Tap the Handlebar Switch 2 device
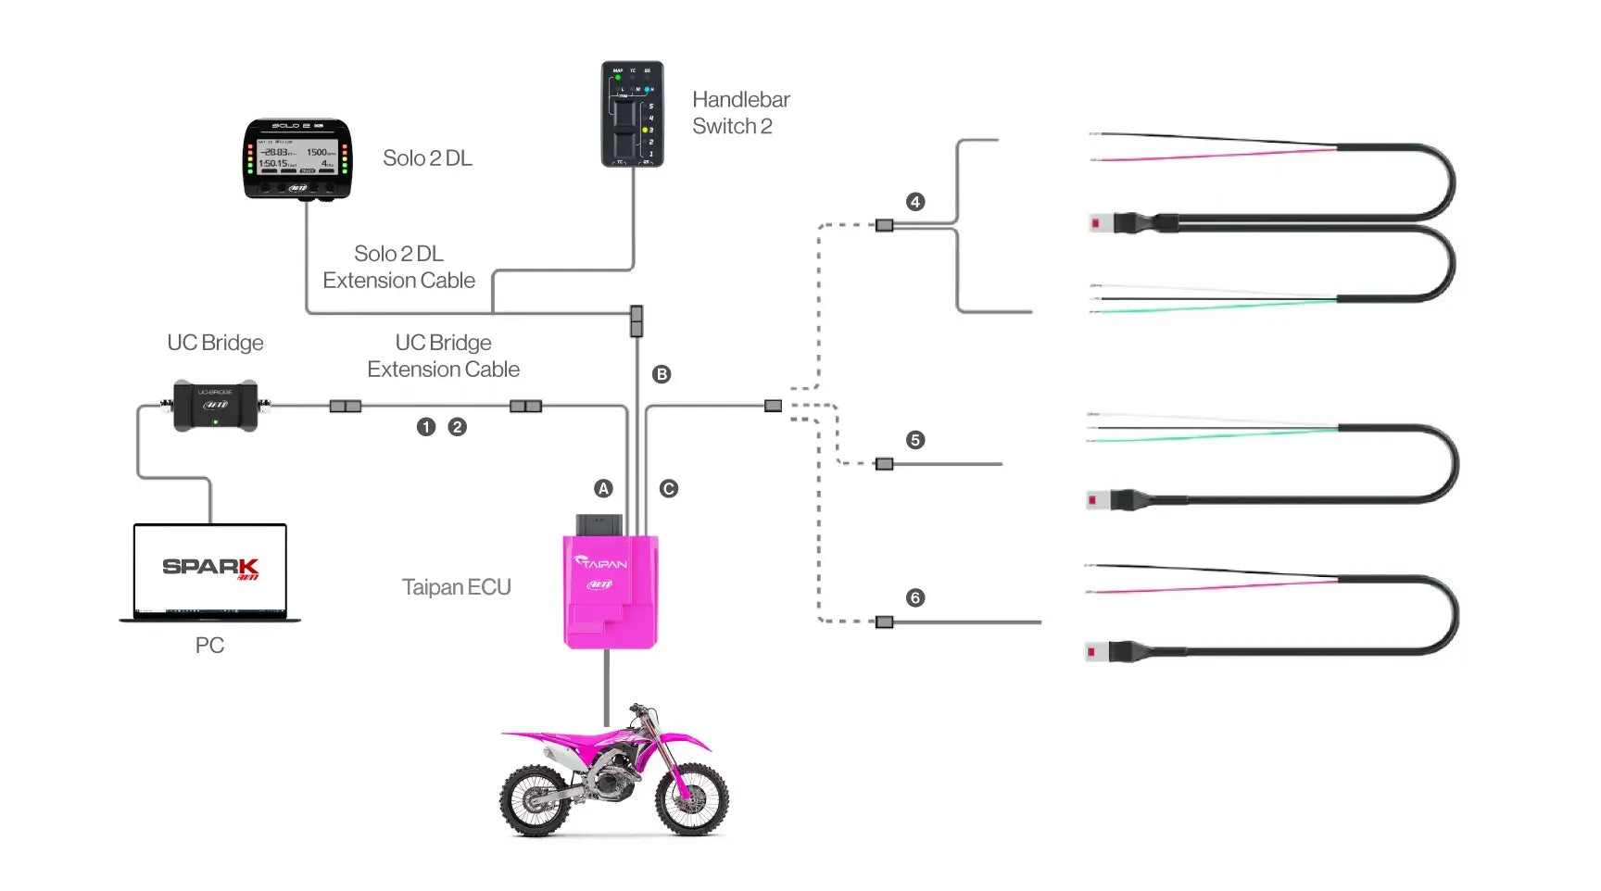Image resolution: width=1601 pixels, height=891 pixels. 632,114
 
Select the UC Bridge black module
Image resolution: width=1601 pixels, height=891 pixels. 215,406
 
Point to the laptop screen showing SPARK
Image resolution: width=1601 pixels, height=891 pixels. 210,568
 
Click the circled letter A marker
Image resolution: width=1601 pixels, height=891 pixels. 603,488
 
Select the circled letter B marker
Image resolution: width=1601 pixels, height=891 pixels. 662,374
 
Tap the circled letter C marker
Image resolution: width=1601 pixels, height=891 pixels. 669,488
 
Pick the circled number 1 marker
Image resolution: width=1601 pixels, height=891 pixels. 426,427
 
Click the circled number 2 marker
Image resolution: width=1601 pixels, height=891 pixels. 457,427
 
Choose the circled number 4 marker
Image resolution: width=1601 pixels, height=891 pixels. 915,202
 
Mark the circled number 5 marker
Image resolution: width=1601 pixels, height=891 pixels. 915,440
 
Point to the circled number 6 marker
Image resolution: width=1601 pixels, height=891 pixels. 915,597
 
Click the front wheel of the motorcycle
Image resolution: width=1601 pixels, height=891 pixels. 691,800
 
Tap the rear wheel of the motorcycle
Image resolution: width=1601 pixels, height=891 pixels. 535,800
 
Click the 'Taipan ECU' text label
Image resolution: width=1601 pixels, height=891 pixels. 456,587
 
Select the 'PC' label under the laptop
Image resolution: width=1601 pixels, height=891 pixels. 209,646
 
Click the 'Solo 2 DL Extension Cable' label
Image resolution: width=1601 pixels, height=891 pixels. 398,267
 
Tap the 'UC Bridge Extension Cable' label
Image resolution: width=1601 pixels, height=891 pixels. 443,356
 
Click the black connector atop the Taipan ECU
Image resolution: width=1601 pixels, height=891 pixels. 599,524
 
